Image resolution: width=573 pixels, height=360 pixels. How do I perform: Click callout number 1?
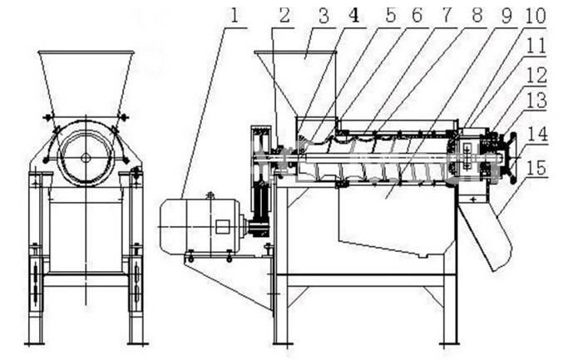235,16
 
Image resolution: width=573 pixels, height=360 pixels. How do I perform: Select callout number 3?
324,16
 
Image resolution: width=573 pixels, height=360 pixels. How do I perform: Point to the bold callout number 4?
354,16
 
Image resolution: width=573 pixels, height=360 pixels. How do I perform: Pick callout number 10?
536,15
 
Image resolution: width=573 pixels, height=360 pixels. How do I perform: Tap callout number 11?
536,46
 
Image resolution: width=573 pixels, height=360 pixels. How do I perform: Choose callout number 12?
536,76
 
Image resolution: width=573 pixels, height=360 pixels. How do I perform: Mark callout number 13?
536,101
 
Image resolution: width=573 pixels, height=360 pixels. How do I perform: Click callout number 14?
537,134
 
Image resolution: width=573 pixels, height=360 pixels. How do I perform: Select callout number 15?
537,168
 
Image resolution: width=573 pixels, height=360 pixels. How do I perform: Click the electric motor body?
200,226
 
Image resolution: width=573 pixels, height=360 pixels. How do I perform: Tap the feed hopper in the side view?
295,83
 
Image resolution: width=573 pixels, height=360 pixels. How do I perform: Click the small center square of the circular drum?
86,157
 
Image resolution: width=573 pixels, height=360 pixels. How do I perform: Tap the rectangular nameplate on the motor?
222,227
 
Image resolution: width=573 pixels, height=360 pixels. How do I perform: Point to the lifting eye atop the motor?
210,195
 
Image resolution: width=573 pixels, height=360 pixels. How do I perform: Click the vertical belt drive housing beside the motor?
260,181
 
